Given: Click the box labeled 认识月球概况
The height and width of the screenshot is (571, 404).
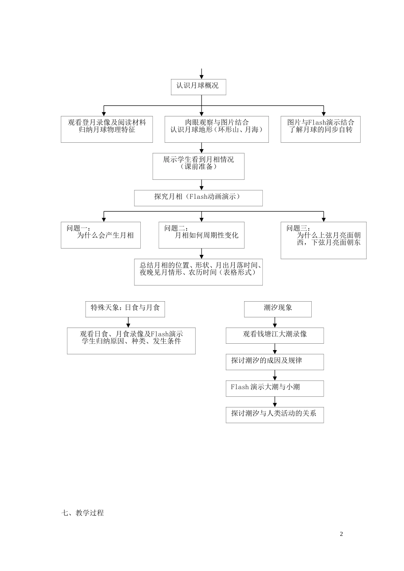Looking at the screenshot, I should (198, 87).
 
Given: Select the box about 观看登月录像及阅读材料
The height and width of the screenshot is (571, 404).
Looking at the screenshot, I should (107, 129).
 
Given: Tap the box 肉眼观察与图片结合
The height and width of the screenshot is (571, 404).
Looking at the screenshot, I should (216, 129).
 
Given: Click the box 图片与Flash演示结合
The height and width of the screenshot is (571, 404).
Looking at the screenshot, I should (320, 129).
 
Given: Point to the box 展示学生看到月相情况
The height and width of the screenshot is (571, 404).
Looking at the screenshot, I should (198, 166).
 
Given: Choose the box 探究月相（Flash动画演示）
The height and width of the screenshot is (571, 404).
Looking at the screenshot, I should (198, 198).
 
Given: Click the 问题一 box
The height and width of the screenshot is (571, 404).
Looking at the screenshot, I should (100, 235).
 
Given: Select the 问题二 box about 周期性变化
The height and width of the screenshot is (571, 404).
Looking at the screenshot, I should (201, 235).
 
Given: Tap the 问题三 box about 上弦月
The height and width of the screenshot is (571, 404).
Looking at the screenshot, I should (323, 240).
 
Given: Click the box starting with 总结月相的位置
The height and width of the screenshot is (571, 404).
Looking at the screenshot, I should (198, 272).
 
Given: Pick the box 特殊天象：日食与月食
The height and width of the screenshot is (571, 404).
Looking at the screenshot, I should (125, 309).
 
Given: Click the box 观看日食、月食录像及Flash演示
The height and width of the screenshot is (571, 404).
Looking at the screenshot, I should (131, 341).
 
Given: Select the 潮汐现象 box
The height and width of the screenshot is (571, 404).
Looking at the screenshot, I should (278, 309).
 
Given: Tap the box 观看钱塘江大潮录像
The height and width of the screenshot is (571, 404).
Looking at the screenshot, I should (275, 335).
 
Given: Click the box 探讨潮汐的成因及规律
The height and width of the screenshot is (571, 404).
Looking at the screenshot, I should (275, 362).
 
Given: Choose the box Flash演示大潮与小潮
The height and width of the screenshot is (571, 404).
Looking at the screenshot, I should (275, 388).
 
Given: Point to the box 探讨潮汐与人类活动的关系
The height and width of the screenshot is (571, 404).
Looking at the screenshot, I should (275, 415).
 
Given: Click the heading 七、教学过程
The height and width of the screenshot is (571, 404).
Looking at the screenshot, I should (83, 513).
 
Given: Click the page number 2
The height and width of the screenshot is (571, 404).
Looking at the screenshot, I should (341, 534).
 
